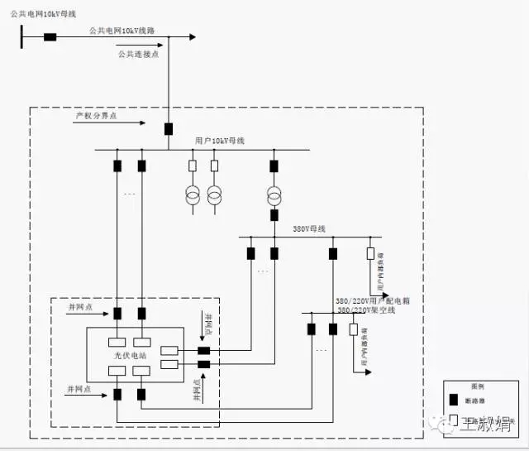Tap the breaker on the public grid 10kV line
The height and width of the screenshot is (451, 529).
pos(50,36)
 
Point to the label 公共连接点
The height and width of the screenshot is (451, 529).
pos(136,54)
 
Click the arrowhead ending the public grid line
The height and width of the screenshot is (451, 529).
pos(193,36)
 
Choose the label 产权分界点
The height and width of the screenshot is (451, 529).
pos(96,117)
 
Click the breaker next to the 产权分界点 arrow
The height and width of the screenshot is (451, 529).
pos(169,129)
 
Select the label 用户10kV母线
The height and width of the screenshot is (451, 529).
pos(220,141)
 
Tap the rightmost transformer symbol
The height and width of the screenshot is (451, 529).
pos(274,196)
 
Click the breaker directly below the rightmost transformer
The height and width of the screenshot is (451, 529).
pos(274,215)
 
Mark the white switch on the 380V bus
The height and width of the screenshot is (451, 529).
pos(370,253)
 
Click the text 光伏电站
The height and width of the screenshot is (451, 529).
pos(129,354)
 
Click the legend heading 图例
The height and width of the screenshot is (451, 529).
pos(478,386)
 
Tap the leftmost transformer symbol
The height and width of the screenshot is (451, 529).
pos(193,196)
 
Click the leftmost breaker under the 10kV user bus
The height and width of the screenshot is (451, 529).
pos(117,166)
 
